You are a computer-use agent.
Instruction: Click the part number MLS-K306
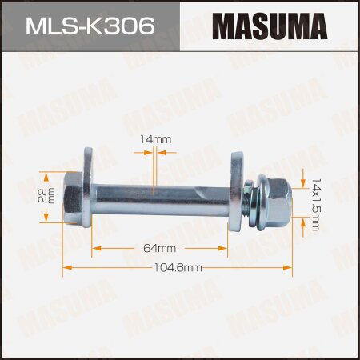click(x=90, y=26)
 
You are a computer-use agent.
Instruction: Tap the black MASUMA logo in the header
click(x=270, y=26)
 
